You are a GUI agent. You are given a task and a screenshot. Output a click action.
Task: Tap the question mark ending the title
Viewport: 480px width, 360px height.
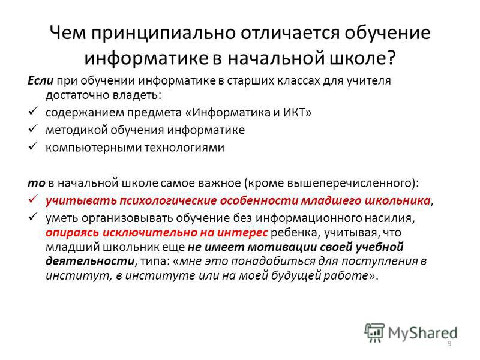392,57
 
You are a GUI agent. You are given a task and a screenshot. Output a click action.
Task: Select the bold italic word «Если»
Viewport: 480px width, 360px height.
40,81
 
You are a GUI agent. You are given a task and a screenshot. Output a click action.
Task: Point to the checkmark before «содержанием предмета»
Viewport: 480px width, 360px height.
33,111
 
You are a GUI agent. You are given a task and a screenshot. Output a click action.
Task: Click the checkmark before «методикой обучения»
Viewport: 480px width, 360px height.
33,128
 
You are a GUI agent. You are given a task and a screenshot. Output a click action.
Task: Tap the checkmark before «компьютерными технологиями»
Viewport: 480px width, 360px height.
33,146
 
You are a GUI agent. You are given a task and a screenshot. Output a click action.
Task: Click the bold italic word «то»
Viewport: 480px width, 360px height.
36,184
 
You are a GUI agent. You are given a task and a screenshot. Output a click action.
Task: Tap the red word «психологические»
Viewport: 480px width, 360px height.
168,201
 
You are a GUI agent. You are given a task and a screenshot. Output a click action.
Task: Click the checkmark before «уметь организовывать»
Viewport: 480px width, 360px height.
33,217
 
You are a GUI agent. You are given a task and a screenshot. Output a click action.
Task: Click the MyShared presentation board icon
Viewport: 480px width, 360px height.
374,332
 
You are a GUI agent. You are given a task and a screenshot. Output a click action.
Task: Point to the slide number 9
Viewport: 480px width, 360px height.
449,344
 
